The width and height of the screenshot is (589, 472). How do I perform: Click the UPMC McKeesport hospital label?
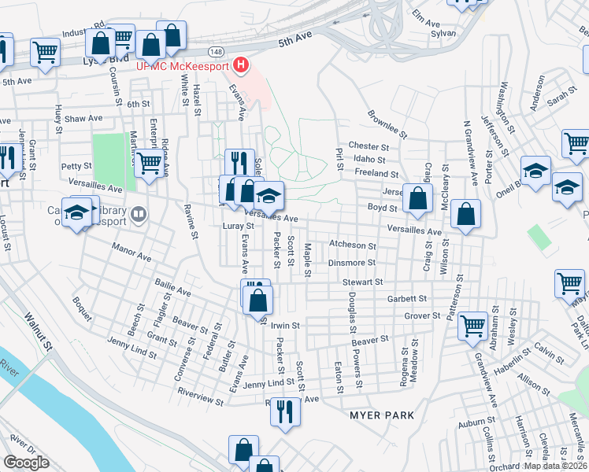(181, 66)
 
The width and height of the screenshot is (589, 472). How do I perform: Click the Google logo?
(27, 463)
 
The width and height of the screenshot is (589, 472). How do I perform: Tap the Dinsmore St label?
(352, 263)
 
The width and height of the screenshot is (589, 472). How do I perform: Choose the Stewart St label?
(362, 282)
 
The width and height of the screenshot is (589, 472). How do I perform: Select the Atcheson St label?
(354, 245)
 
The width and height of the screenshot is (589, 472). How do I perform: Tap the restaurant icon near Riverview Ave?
(285, 411)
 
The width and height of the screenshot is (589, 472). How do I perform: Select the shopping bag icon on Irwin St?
(257, 300)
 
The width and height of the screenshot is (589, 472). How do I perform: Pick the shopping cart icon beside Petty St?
(147, 164)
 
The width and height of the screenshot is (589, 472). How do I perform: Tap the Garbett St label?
(406, 299)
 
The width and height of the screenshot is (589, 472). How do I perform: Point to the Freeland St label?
(376, 173)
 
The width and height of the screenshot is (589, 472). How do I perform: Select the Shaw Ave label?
(84, 118)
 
